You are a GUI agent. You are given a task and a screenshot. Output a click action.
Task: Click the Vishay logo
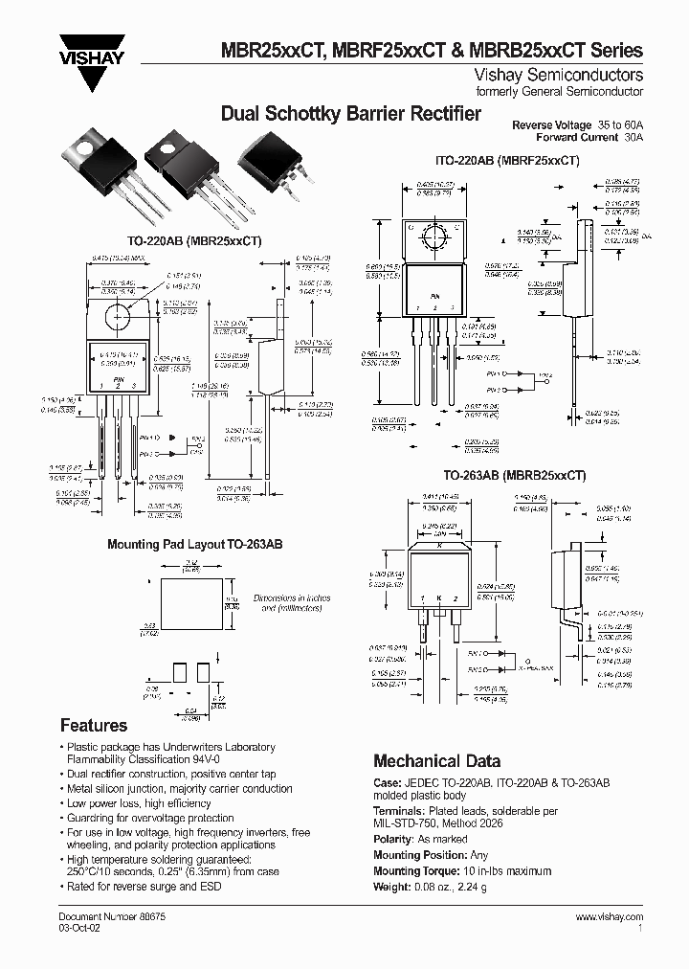pyautogui.click(x=94, y=59)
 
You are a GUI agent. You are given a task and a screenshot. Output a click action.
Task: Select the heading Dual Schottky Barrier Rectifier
pyautogui.click(x=351, y=115)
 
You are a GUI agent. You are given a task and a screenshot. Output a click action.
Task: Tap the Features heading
pyautogui.click(x=94, y=726)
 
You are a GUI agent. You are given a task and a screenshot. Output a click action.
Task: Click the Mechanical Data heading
pyautogui.click(x=436, y=761)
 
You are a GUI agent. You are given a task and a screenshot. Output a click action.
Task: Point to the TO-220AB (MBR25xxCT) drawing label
pyautogui.click(x=195, y=243)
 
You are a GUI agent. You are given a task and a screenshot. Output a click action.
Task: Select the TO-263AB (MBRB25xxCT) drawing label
pyautogui.click(x=514, y=475)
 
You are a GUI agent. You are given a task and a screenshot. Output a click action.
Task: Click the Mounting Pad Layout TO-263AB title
pyautogui.click(x=194, y=544)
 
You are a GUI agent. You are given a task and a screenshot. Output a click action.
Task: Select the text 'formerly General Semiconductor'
pyautogui.click(x=564, y=91)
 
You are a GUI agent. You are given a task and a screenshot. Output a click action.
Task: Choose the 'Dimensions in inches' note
pyautogui.click(x=292, y=597)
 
